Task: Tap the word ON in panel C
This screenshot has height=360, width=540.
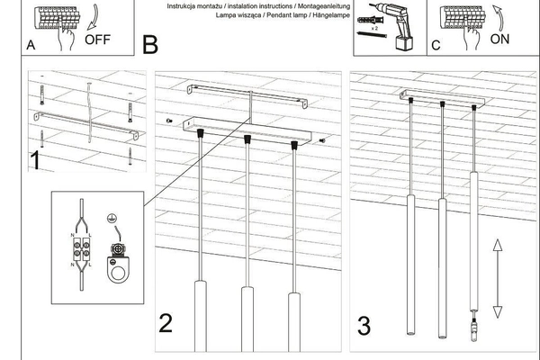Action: pyautogui.click(x=501, y=40)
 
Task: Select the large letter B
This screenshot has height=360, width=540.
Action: pyautogui.click(x=149, y=43)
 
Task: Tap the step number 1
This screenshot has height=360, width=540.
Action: pyautogui.click(x=34, y=162)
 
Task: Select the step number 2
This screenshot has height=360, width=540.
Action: pyautogui.click(x=166, y=322)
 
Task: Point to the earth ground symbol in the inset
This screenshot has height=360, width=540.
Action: pyautogui.click(x=112, y=218)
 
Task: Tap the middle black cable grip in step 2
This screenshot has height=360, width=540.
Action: pyautogui.click(x=246, y=139)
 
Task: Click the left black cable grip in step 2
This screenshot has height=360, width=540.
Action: pyautogui.click(x=199, y=134)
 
